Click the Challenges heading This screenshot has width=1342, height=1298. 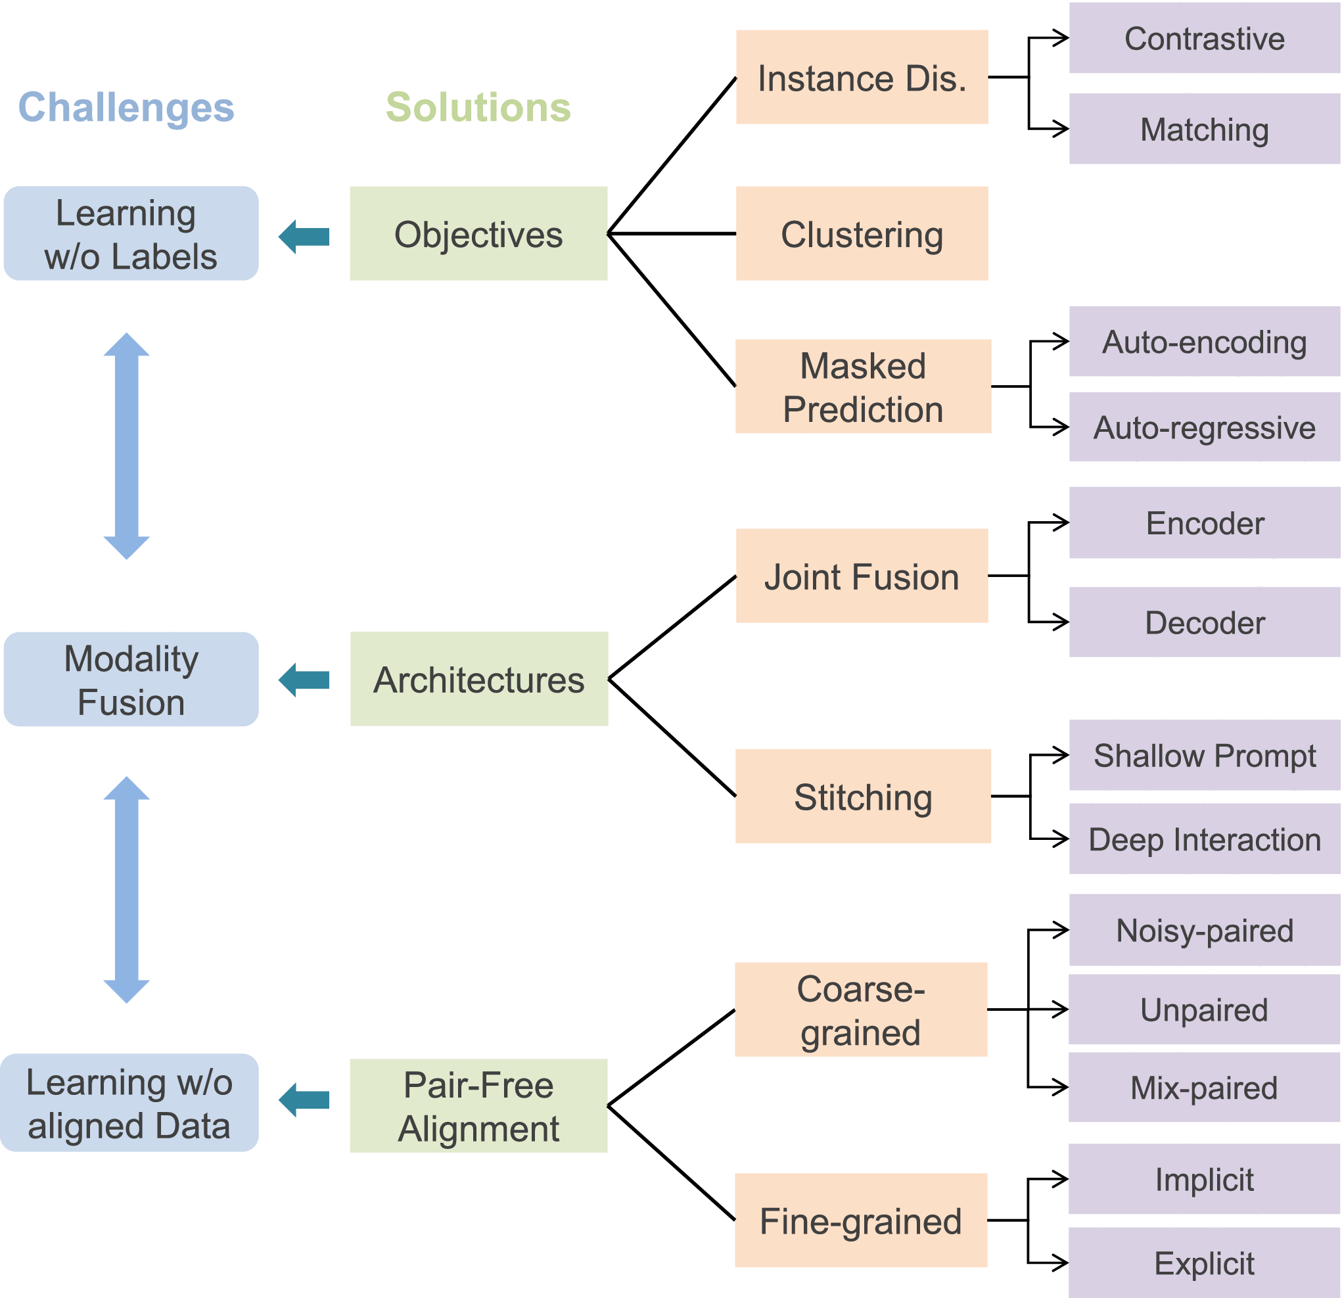[x=126, y=108]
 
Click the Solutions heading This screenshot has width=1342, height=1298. [x=478, y=108]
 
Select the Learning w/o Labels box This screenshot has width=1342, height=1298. [x=131, y=233]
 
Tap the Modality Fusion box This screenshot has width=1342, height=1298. [x=131, y=679]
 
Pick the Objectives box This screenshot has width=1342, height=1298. [x=478, y=233]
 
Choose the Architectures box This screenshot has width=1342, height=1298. [x=478, y=679]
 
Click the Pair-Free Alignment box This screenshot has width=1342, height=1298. [x=478, y=1105]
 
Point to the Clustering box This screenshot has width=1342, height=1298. [x=862, y=233]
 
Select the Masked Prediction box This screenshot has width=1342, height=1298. [x=863, y=387]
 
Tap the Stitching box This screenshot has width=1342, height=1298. [x=863, y=796]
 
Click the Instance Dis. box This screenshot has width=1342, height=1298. [x=862, y=78]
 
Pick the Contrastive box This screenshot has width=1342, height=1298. [x=1205, y=38]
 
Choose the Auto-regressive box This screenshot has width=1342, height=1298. [x=1205, y=427]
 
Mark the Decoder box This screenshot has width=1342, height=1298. [x=1205, y=622]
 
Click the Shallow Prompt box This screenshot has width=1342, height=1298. [x=1205, y=755]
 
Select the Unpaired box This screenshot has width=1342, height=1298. [x=1204, y=1009]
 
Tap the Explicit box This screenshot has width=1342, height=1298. [x=1204, y=1263]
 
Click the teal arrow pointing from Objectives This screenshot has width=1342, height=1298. [x=304, y=237]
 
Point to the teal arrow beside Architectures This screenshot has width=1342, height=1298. [x=304, y=680]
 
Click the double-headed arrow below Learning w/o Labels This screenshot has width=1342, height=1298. [x=127, y=446]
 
